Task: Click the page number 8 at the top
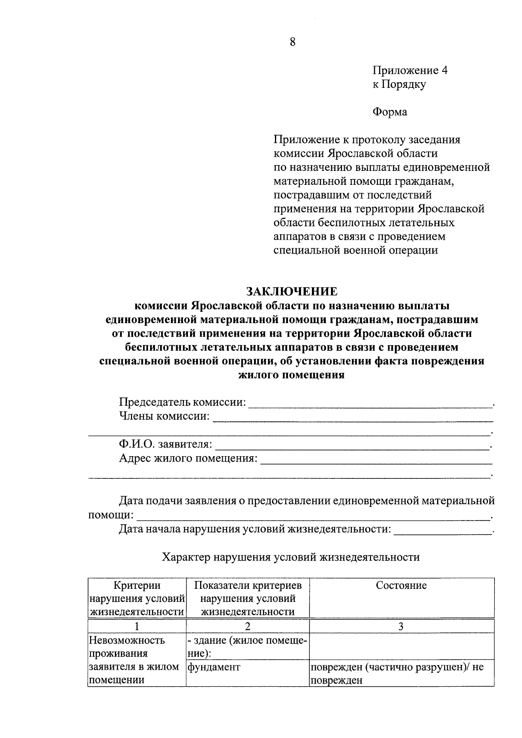[292, 42]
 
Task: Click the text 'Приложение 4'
[410, 70]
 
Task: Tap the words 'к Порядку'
[399, 84]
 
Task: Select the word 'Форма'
[390, 112]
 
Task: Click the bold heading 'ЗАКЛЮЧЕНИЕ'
[291, 291]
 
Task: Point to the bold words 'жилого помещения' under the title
[291, 375]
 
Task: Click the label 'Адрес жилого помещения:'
[188, 458]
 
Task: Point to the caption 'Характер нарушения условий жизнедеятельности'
[291, 557]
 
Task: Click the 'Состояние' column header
[401, 585]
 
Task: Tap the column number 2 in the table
[248, 626]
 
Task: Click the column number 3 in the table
[401, 626]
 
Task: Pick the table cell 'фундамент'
[214, 667]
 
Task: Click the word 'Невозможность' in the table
[127, 640]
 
